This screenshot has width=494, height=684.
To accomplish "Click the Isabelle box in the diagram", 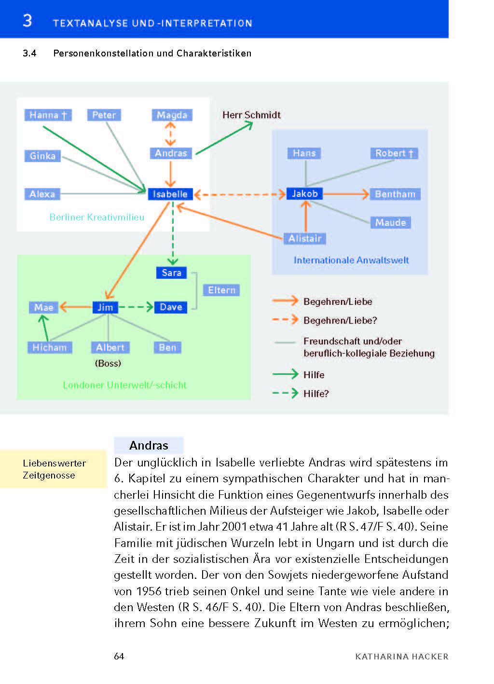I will click(170, 194).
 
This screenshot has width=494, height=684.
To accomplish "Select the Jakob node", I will click(304, 193).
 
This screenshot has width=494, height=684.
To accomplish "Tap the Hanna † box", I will click(48, 115).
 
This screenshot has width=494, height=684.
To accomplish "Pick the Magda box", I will click(172, 115).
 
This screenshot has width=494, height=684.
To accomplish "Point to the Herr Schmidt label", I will click(251, 115).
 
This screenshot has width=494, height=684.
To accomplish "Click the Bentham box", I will click(395, 194).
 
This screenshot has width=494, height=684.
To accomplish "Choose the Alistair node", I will click(304, 238).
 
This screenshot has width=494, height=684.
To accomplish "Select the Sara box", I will click(171, 273).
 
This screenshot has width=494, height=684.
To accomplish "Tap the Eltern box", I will click(221, 290).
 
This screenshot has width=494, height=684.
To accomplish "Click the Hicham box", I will click(49, 347).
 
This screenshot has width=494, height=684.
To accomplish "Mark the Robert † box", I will click(394, 153).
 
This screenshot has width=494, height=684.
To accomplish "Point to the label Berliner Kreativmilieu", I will click(96, 217).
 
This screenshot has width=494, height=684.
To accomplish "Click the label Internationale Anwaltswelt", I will click(351, 260).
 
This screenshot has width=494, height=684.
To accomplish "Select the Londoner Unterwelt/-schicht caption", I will click(124, 385).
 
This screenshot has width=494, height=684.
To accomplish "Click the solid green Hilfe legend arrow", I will click(285, 374).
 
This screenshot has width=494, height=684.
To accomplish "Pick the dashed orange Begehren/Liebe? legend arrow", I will click(285, 320).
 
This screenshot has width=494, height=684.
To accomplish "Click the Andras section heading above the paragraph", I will click(149, 445).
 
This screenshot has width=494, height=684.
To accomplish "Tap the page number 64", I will click(119, 656).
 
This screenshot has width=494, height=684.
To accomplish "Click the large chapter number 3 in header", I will click(27, 21).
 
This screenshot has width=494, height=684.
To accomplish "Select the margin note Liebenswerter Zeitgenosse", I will click(54, 469).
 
